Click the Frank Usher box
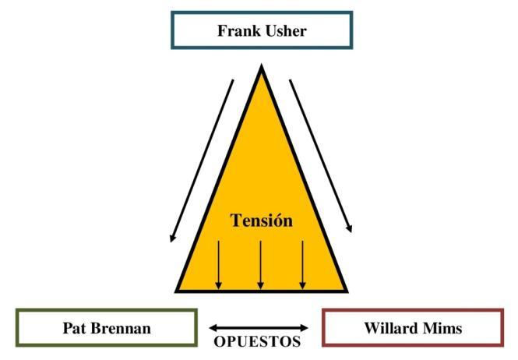(x=262, y=31)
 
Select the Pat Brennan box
(x=106, y=327)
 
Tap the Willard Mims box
(x=412, y=327)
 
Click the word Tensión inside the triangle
(x=262, y=221)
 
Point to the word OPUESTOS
(x=257, y=342)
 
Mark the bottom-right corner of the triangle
(x=347, y=291)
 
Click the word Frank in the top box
(x=238, y=32)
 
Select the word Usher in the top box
(x=284, y=32)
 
